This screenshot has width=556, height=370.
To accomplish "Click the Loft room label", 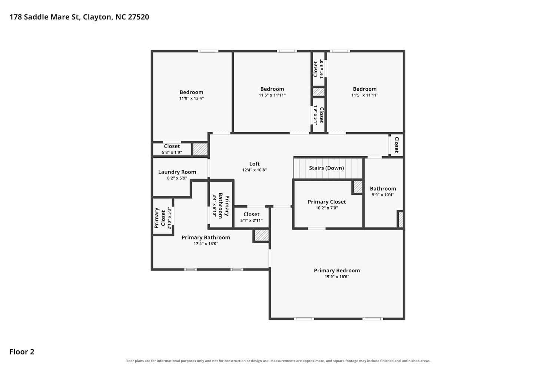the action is (254, 164).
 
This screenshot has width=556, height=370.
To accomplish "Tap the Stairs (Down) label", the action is (327, 168).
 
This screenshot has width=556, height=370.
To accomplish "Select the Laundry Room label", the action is (177, 172).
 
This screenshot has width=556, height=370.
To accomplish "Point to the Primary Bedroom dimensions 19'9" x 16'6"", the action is (337, 276).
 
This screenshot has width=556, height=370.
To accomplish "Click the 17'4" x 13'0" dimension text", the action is (206, 243).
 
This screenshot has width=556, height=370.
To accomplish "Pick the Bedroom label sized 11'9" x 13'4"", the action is (191, 92).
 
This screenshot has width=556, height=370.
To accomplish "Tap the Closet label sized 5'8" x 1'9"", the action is (172, 146).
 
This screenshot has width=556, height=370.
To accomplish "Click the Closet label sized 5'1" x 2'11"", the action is (251, 214).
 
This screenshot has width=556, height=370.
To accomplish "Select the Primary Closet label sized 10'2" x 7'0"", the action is (327, 202).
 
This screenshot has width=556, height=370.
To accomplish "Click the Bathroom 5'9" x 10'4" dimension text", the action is (383, 195).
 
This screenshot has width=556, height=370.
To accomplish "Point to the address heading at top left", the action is (79, 17).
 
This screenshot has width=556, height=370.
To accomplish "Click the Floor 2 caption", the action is (22, 351).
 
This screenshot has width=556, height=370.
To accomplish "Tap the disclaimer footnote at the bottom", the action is (278, 361).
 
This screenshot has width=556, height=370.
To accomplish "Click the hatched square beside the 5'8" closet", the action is (200, 149).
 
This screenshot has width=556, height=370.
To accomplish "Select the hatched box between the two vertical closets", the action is (318, 92).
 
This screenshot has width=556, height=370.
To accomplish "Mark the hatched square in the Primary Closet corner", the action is (358, 187).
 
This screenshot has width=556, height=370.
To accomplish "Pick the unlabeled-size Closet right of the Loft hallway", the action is (396, 145).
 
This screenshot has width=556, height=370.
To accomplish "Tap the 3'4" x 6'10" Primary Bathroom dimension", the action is (215, 205).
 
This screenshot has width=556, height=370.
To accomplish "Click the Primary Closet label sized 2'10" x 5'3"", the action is (160, 218).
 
